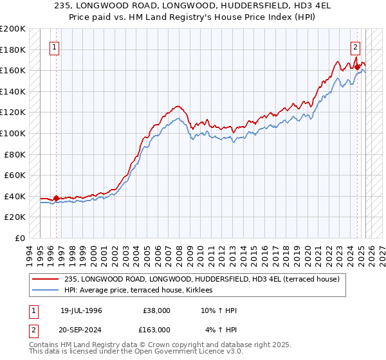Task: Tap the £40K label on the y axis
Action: click(x=15, y=196)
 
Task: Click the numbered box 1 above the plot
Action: click(x=55, y=46)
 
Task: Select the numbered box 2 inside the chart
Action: click(x=356, y=46)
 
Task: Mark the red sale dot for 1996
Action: click(x=56, y=198)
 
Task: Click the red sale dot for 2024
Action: click(x=357, y=67)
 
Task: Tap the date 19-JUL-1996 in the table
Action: click(x=81, y=310)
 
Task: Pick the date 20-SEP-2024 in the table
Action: click(x=81, y=329)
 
